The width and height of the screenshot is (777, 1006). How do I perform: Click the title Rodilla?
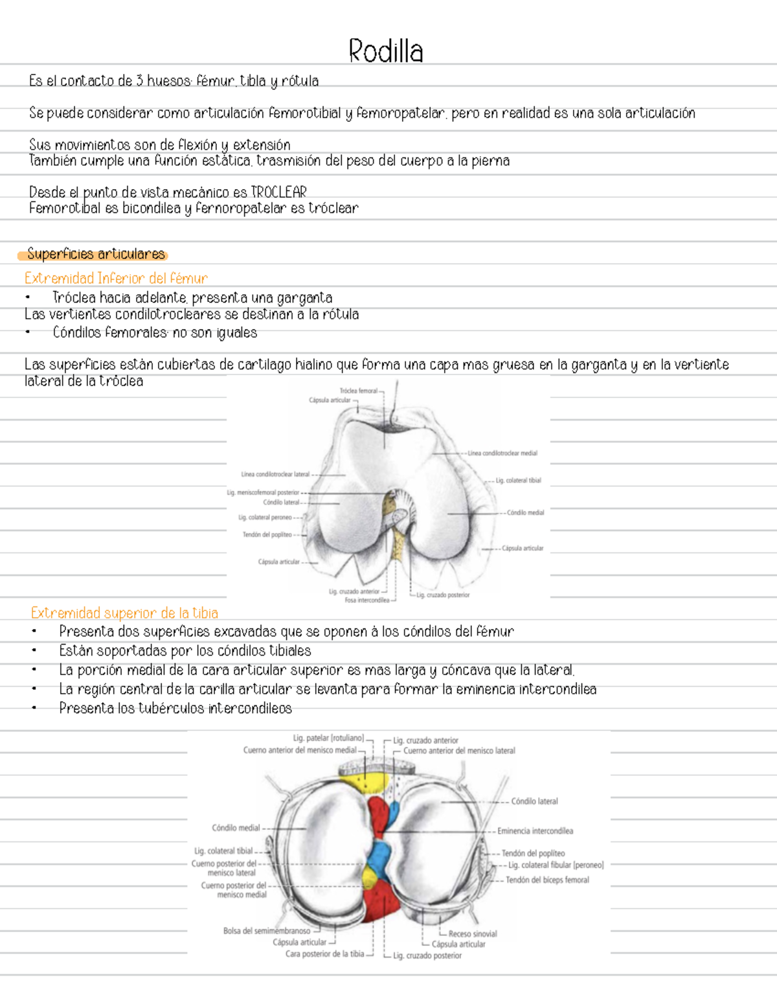[x=386, y=51]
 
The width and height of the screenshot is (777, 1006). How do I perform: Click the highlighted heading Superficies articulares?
[x=96, y=254]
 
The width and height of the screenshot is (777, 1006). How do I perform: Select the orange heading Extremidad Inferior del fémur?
[x=116, y=279]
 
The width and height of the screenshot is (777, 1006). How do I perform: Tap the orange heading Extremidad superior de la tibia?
[x=124, y=613]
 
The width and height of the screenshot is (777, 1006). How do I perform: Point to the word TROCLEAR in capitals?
[x=278, y=192]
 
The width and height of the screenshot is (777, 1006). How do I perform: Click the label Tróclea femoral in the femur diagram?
[x=358, y=391]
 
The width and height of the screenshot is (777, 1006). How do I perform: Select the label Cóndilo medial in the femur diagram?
[x=525, y=512]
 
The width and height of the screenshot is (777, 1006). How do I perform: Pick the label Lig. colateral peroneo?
[x=265, y=518]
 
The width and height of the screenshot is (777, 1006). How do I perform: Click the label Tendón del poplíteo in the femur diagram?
[x=267, y=534]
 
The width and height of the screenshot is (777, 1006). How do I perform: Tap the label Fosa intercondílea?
[x=367, y=600]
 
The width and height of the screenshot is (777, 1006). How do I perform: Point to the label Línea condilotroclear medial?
[x=502, y=453]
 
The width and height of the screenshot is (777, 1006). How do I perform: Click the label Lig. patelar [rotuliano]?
[x=328, y=738]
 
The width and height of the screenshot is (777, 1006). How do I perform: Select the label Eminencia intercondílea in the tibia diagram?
[x=535, y=830]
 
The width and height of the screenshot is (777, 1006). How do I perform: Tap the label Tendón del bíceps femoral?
[x=547, y=880]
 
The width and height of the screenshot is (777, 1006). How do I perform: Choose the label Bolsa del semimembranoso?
[x=266, y=931]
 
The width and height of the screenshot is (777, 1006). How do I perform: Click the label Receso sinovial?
[x=473, y=933]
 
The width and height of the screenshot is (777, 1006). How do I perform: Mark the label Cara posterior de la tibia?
[x=324, y=954]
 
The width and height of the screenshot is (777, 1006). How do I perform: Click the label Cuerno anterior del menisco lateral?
[x=459, y=751]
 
